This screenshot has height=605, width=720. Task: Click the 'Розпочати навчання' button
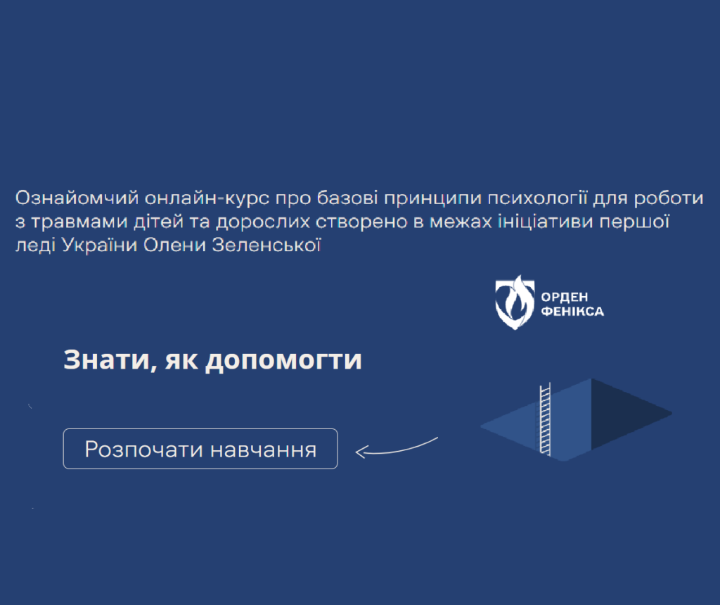(200, 449)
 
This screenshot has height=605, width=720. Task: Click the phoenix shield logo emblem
(515, 302)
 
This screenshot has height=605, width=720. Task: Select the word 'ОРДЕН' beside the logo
(565, 297)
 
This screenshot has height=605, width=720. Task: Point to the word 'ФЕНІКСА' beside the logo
(572, 312)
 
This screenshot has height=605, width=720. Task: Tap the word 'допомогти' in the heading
(283, 359)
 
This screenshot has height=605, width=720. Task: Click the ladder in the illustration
(545, 419)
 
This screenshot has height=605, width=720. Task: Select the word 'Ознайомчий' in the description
(77, 198)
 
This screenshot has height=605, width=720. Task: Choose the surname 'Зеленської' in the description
(266, 246)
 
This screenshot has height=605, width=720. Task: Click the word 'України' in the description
(99, 246)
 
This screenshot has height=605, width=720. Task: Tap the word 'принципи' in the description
(432, 198)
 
